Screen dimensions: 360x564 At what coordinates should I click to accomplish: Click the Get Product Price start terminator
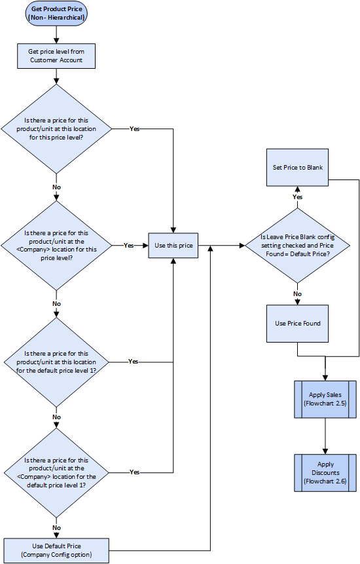[x=56, y=13]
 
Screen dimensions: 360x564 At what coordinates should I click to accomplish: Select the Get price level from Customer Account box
[x=56, y=56]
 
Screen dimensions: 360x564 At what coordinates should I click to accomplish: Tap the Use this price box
[x=173, y=245]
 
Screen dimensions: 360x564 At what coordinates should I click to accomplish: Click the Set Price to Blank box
[x=297, y=167]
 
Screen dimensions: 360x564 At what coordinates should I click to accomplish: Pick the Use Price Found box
[x=297, y=324]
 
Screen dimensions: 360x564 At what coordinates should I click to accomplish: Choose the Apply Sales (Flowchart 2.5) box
[x=325, y=400]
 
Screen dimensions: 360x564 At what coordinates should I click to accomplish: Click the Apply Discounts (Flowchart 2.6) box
[x=325, y=473]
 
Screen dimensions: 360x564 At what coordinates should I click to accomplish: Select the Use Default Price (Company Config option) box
[x=56, y=550]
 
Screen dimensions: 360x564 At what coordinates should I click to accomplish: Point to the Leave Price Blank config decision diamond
[x=297, y=246]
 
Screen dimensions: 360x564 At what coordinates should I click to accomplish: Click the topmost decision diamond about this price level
[x=56, y=129]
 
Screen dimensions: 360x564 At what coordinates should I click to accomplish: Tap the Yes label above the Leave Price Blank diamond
[x=297, y=197]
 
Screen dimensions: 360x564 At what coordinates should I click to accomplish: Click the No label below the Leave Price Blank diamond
[x=297, y=294]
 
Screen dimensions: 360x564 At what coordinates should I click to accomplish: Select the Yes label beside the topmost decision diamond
[x=134, y=129]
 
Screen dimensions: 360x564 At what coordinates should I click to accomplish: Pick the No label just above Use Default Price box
[x=56, y=528]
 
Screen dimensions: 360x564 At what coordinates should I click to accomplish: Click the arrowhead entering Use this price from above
[x=173, y=230]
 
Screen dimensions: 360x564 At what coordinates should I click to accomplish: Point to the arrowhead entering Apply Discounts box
[x=325, y=451]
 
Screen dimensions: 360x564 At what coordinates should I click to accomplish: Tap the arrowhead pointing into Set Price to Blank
[x=297, y=189]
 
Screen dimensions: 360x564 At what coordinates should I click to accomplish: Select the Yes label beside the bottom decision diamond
[x=134, y=472]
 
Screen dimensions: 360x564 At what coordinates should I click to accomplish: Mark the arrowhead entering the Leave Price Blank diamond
[x=242, y=246]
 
